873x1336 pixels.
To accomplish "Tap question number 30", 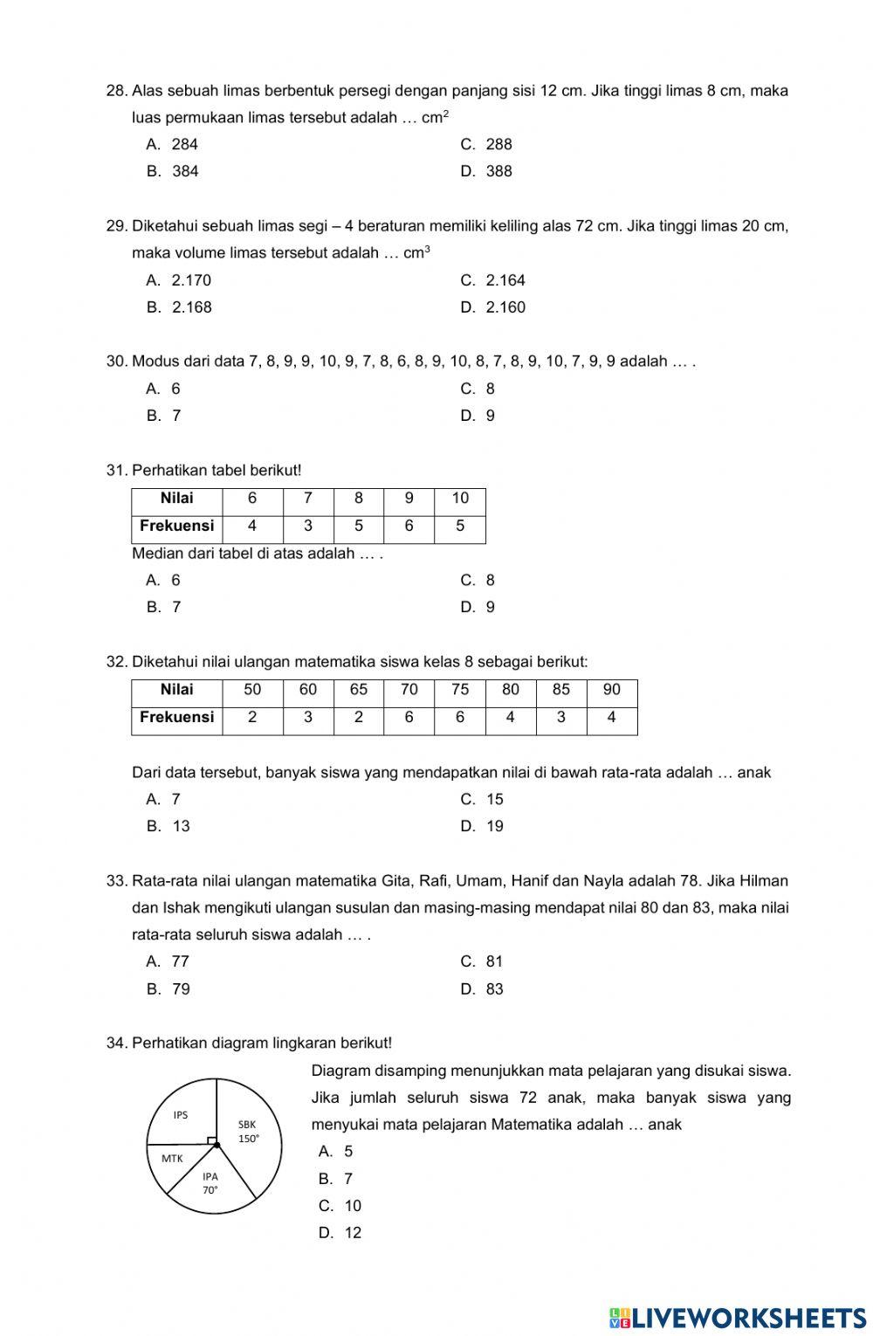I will (116, 362).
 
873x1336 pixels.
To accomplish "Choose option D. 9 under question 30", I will (478, 416).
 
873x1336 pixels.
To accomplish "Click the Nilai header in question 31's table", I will (177, 499).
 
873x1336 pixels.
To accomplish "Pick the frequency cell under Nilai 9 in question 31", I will (409, 527).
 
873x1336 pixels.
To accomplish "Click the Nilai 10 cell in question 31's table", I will (460, 499).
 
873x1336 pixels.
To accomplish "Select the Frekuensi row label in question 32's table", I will (177, 718).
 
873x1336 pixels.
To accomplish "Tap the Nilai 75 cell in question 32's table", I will (460, 690).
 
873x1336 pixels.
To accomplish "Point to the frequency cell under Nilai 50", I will (252, 718).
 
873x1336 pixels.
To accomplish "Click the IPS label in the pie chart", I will (181, 1115).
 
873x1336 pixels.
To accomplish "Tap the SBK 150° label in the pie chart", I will (249, 1132).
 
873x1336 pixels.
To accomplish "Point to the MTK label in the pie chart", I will (172, 1159).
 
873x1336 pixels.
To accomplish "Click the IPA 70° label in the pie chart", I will (210, 1183).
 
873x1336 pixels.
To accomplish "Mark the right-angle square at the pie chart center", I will (211, 1140).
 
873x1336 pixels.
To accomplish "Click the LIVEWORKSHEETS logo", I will (738, 1318).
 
